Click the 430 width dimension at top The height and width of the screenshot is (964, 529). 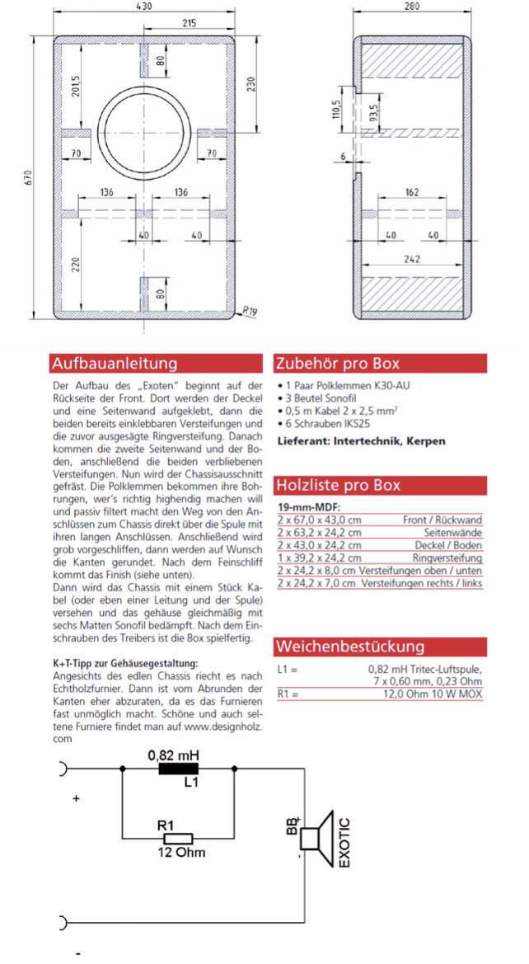(145, 6)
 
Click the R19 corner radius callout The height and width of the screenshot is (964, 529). (249, 312)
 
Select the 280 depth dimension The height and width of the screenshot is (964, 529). (412, 7)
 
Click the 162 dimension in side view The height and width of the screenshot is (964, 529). (411, 192)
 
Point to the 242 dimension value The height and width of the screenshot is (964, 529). (411, 258)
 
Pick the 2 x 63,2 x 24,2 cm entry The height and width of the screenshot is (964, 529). (320, 533)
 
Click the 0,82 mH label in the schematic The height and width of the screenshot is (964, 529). (174, 755)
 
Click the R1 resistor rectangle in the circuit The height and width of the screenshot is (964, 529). (174, 837)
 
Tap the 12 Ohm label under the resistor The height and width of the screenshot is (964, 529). (181, 852)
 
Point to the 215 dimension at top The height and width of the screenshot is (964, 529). (188, 22)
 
